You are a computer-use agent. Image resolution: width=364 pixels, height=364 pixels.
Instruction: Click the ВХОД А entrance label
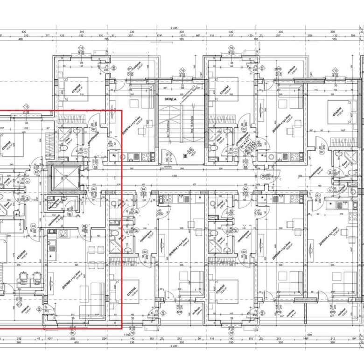point(169,99)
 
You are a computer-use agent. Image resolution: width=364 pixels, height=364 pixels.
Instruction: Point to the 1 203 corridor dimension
point(176,175)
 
